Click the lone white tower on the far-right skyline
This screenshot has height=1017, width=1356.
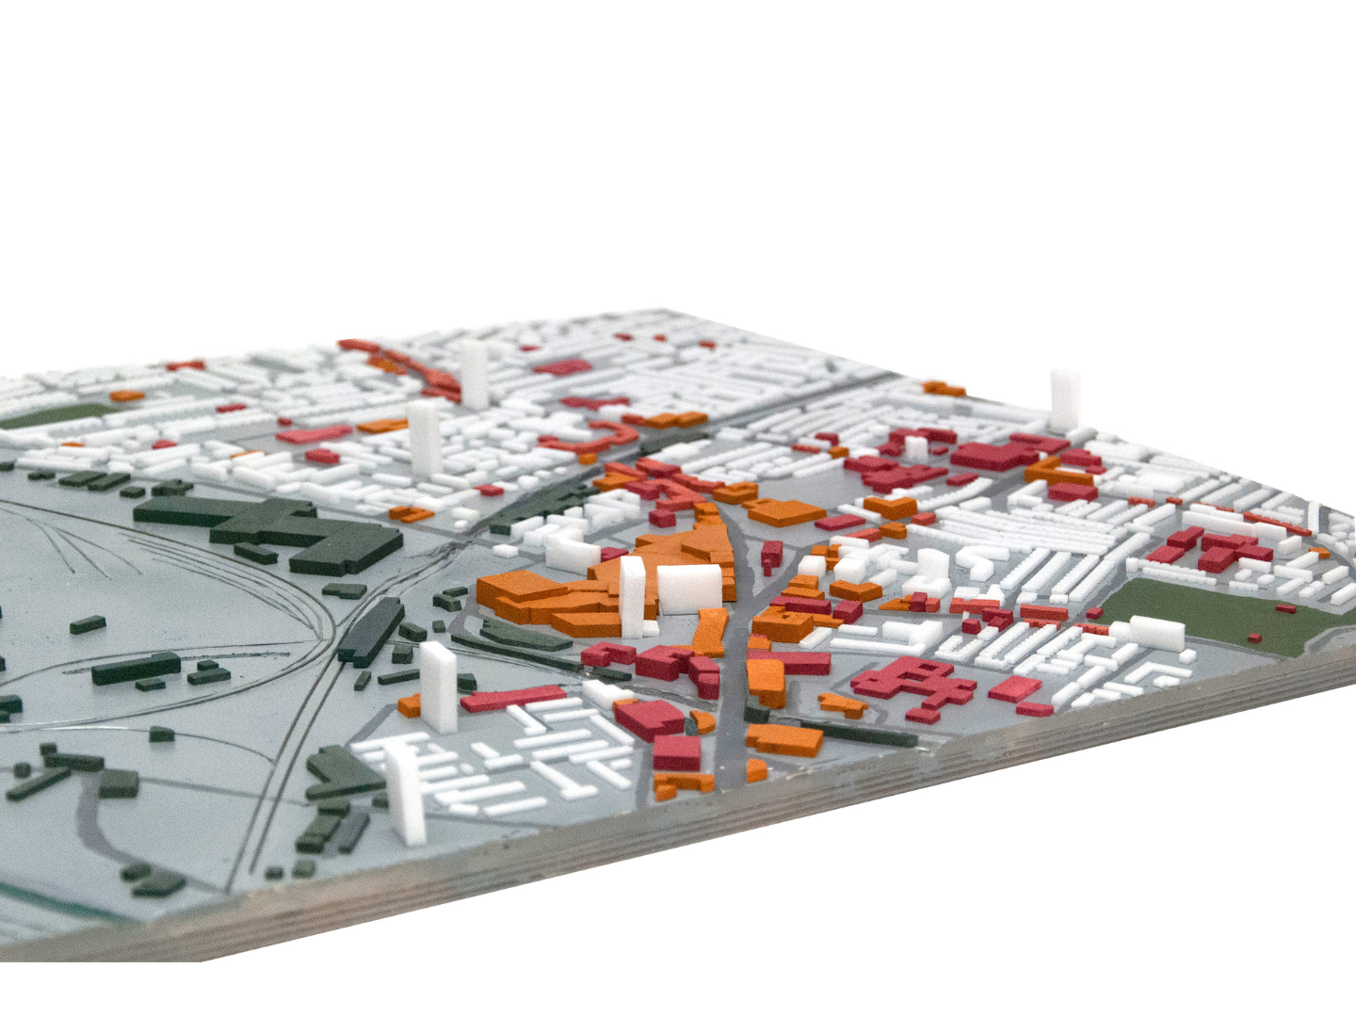[x=1065, y=400]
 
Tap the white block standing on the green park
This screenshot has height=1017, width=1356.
[x=1155, y=632]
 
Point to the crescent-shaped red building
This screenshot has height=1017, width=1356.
[x=589, y=437]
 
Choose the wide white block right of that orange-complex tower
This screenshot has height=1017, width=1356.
[x=689, y=589]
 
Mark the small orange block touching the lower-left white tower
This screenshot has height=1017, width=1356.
[x=410, y=704]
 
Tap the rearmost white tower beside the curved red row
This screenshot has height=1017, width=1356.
[x=473, y=373]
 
